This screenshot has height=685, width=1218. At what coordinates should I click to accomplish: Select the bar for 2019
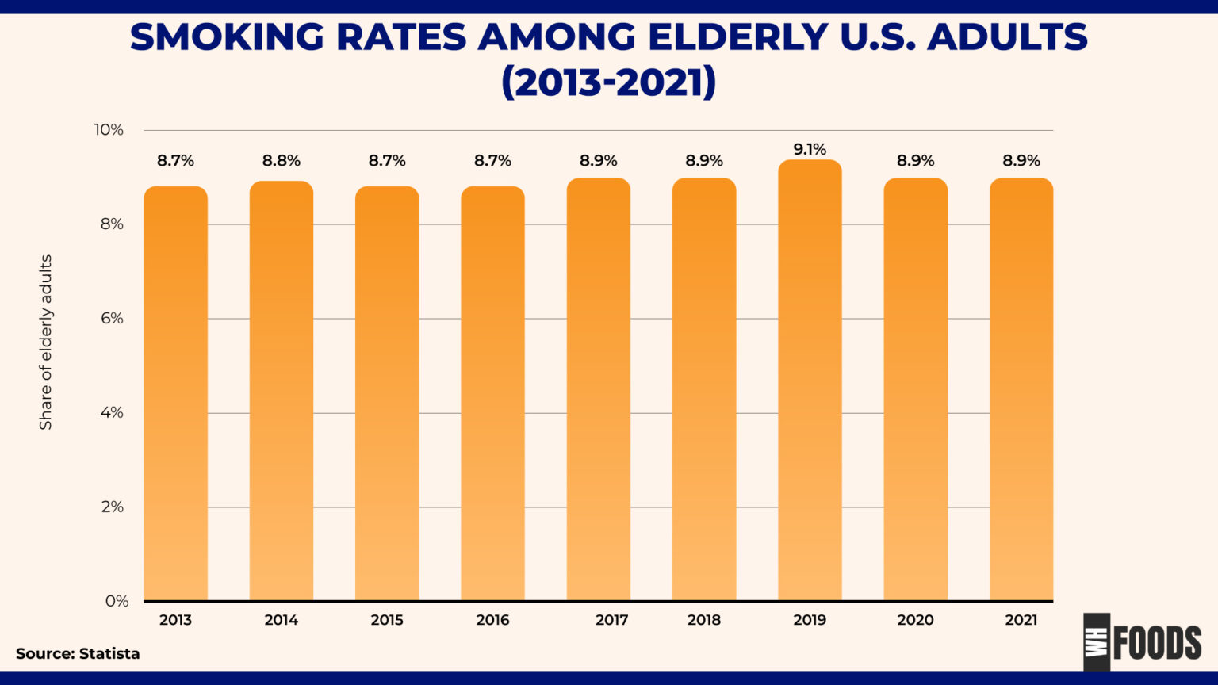click(810, 381)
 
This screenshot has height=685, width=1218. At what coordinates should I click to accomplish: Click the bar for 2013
click(175, 393)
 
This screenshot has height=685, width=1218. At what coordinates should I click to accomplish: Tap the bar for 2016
click(492, 393)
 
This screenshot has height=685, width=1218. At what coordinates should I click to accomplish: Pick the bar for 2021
click(1021, 388)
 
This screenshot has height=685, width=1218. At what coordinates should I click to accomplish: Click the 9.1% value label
click(810, 149)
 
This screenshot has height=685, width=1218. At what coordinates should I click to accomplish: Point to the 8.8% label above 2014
click(282, 161)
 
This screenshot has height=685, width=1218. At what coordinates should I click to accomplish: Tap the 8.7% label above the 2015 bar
click(387, 161)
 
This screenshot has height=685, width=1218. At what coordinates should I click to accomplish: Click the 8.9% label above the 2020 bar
click(915, 161)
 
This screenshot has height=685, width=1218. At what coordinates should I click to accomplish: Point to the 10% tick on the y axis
click(109, 130)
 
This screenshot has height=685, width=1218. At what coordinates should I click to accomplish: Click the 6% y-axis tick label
click(112, 319)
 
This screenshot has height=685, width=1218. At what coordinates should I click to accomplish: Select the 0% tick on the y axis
click(116, 601)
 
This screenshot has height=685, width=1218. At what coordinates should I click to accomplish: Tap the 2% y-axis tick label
click(112, 507)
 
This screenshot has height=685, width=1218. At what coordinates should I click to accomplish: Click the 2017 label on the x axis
click(611, 620)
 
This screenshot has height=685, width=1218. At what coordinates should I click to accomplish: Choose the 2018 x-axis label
click(704, 620)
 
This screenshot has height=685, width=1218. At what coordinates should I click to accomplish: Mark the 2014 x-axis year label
click(282, 620)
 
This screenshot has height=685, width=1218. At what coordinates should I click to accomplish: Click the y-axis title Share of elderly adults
click(46, 342)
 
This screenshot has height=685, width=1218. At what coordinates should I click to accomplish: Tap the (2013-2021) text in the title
click(608, 82)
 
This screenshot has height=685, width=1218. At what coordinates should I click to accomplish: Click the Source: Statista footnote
click(78, 654)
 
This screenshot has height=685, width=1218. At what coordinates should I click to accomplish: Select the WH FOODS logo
click(1143, 642)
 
